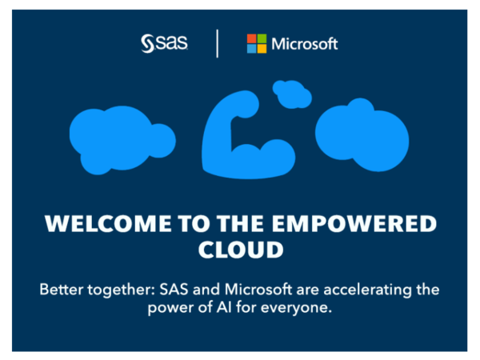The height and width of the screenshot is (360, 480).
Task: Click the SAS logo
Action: point(164,43)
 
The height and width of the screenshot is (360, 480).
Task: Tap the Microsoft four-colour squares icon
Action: point(256,43)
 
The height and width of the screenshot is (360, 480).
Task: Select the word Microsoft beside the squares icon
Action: point(305,43)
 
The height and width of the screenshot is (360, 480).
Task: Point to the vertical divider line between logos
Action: point(217,43)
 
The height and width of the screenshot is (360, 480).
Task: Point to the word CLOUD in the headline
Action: point(240,250)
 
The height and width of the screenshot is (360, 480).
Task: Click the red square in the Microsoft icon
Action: point(251,38)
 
